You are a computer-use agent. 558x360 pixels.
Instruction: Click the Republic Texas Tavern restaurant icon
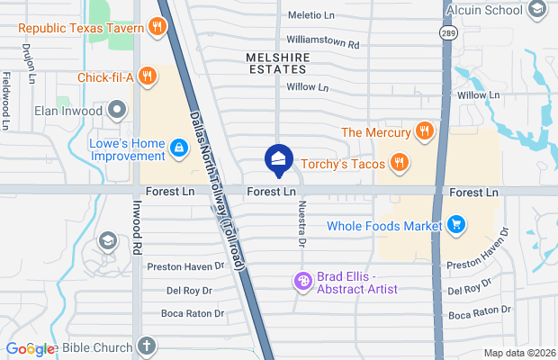pos(158,28)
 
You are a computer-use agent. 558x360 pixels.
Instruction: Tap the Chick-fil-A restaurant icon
pos(147,77)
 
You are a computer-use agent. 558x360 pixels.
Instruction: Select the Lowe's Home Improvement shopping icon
pos(179,150)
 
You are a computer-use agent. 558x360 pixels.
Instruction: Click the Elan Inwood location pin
pos(116,112)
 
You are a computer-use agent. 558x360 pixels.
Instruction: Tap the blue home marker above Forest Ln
pos(277,160)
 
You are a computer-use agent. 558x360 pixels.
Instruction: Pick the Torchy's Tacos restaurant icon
pos(400,163)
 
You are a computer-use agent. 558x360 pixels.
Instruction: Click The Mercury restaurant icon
pos(425,132)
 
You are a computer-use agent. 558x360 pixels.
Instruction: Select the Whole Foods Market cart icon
pos(456,226)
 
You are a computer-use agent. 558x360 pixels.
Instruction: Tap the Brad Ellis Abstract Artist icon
pos(304,283)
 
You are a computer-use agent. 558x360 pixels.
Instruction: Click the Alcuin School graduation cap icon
pos(537,10)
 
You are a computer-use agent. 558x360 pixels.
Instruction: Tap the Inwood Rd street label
pos(139,231)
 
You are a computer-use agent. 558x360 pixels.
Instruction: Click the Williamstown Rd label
pos(322,42)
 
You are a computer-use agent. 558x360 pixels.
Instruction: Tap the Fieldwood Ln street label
pos(6,100)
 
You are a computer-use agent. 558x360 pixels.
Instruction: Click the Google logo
pos(29,349)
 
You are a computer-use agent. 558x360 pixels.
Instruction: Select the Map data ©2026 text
pos(518,353)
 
